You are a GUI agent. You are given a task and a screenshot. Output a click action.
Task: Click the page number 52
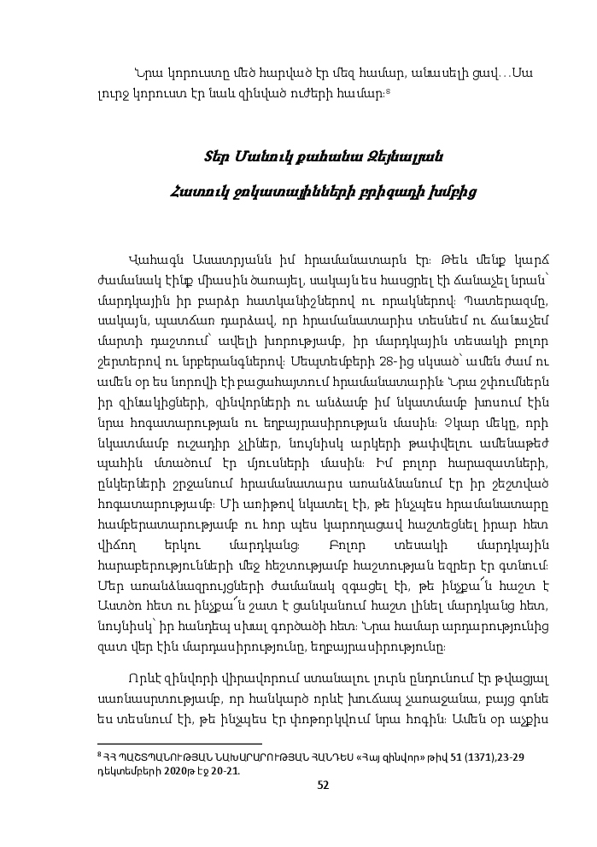[323, 786]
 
